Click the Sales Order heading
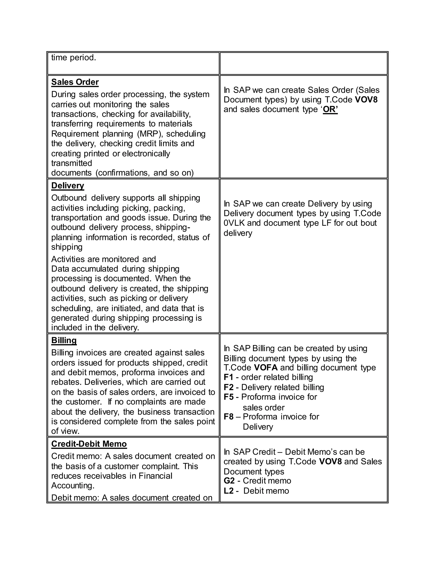point(75,82)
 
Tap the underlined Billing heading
point(64,340)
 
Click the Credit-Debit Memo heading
point(89,444)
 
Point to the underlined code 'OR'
point(330,109)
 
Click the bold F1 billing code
point(228,377)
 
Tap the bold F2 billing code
point(228,387)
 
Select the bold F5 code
point(228,397)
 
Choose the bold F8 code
point(228,417)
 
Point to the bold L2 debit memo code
point(228,491)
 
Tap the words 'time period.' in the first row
point(73,58)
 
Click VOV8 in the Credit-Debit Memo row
point(330,461)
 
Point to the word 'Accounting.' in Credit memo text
point(73,485)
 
